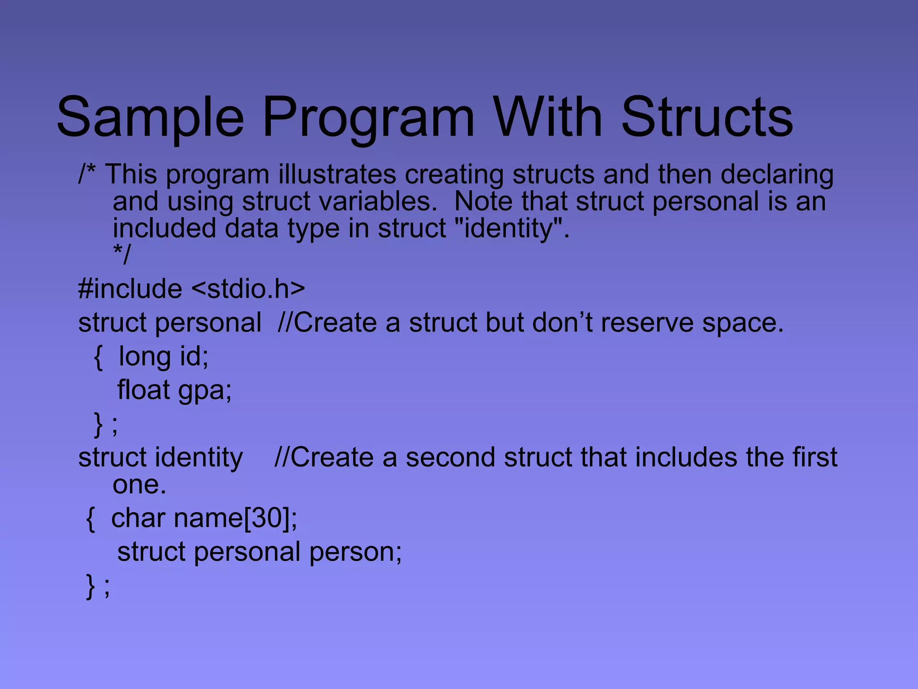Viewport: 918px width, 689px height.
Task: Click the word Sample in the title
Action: [x=150, y=118]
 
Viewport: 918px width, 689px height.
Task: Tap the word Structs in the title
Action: [x=707, y=118]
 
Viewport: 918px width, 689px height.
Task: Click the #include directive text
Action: [x=130, y=288]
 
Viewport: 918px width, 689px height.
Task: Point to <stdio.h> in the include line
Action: [x=248, y=288]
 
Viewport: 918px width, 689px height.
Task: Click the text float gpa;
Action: [x=174, y=390]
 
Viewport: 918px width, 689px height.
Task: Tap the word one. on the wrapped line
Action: [x=139, y=485]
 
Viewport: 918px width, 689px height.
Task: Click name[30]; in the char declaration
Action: [x=235, y=519]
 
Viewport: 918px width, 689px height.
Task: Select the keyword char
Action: [x=138, y=519]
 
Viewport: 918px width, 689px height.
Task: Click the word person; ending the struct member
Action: [x=355, y=552]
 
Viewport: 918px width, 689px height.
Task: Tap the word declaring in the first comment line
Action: [x=777, y=175]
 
